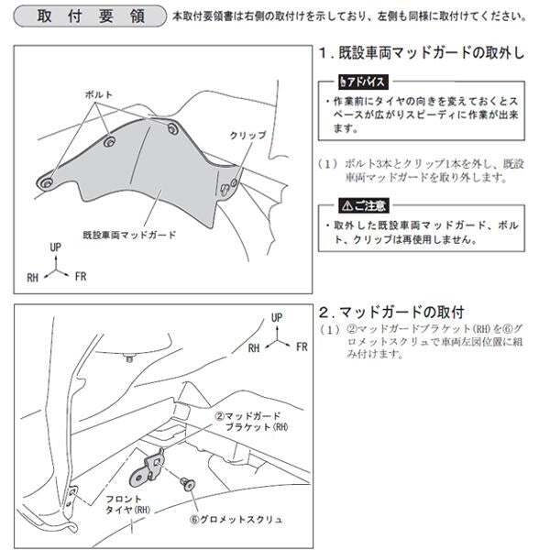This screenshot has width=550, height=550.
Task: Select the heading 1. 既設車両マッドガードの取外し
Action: pyautogui.click(x=423, y=53)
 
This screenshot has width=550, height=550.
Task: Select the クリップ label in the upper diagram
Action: pyautogui.click(x=248, y=135)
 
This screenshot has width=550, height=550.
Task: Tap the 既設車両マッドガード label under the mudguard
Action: pyautogui.click(x=129, y=235)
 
